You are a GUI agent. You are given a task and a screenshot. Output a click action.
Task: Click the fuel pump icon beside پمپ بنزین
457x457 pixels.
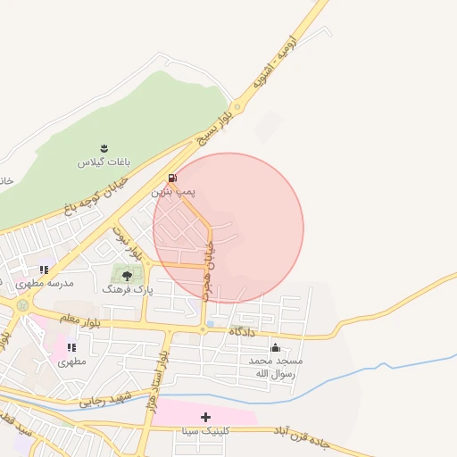coord(172,178)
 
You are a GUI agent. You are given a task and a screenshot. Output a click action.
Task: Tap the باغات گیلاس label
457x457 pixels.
coord(104,162)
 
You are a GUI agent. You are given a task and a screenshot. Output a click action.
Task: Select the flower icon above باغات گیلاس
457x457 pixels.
coord(104,148)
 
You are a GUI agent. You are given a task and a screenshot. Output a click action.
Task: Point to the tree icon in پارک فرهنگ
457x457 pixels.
coord(127,275)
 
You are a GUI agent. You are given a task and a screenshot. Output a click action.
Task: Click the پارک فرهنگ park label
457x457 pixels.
coord(128,289)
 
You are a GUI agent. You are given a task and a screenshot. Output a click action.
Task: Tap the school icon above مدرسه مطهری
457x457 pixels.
coord(44,270)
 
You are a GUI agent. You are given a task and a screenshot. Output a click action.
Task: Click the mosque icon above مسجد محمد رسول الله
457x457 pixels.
coord(275,347)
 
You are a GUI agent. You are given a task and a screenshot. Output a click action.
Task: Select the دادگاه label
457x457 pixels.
coord(242,332)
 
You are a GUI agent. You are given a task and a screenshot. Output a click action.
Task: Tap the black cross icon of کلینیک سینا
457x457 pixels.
coord(206,417)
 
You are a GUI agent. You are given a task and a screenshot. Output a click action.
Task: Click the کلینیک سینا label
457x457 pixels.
coord(204,430)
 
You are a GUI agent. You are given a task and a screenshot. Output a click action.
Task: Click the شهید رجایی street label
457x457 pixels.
coord(105,397)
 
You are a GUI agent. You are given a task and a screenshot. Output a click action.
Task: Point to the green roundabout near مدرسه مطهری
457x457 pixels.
coord(21,305)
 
